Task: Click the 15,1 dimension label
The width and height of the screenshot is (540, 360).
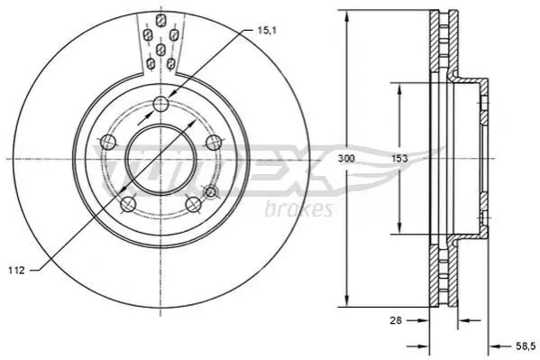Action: pos(267,31)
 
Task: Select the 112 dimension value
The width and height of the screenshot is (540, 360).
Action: pos(17,270)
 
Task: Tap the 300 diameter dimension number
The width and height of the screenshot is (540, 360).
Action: pos(346,159)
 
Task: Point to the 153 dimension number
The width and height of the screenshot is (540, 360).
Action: pos(399,159)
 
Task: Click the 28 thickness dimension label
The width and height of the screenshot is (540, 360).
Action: pos(396,320)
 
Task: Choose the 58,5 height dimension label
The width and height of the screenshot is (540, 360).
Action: pos(526,346)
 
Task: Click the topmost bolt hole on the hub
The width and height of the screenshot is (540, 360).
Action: pos(160,104)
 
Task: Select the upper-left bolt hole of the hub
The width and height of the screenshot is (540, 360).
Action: pos(108,142)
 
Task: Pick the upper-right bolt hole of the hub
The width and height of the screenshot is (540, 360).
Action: pos(214,142)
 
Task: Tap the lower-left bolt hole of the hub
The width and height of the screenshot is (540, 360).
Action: pos(128,204)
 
